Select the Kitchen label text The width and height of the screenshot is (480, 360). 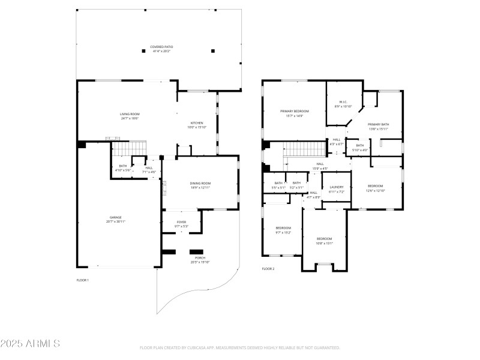(x=197, y=125)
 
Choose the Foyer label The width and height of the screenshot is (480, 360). (x=181, y=224)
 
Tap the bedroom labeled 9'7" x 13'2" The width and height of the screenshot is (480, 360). (x=283, y=230)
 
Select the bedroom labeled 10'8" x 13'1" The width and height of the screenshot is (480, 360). (x=324, y=241)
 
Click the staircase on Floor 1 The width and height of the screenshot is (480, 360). (x=130, y=148)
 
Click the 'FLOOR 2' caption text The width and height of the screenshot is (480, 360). (x=268, y=269)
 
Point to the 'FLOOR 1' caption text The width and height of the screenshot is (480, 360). (x=82, y=280)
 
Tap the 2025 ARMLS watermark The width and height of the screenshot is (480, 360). (x=30, y=344)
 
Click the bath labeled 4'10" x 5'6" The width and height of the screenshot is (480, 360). (x=123, y=168)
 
